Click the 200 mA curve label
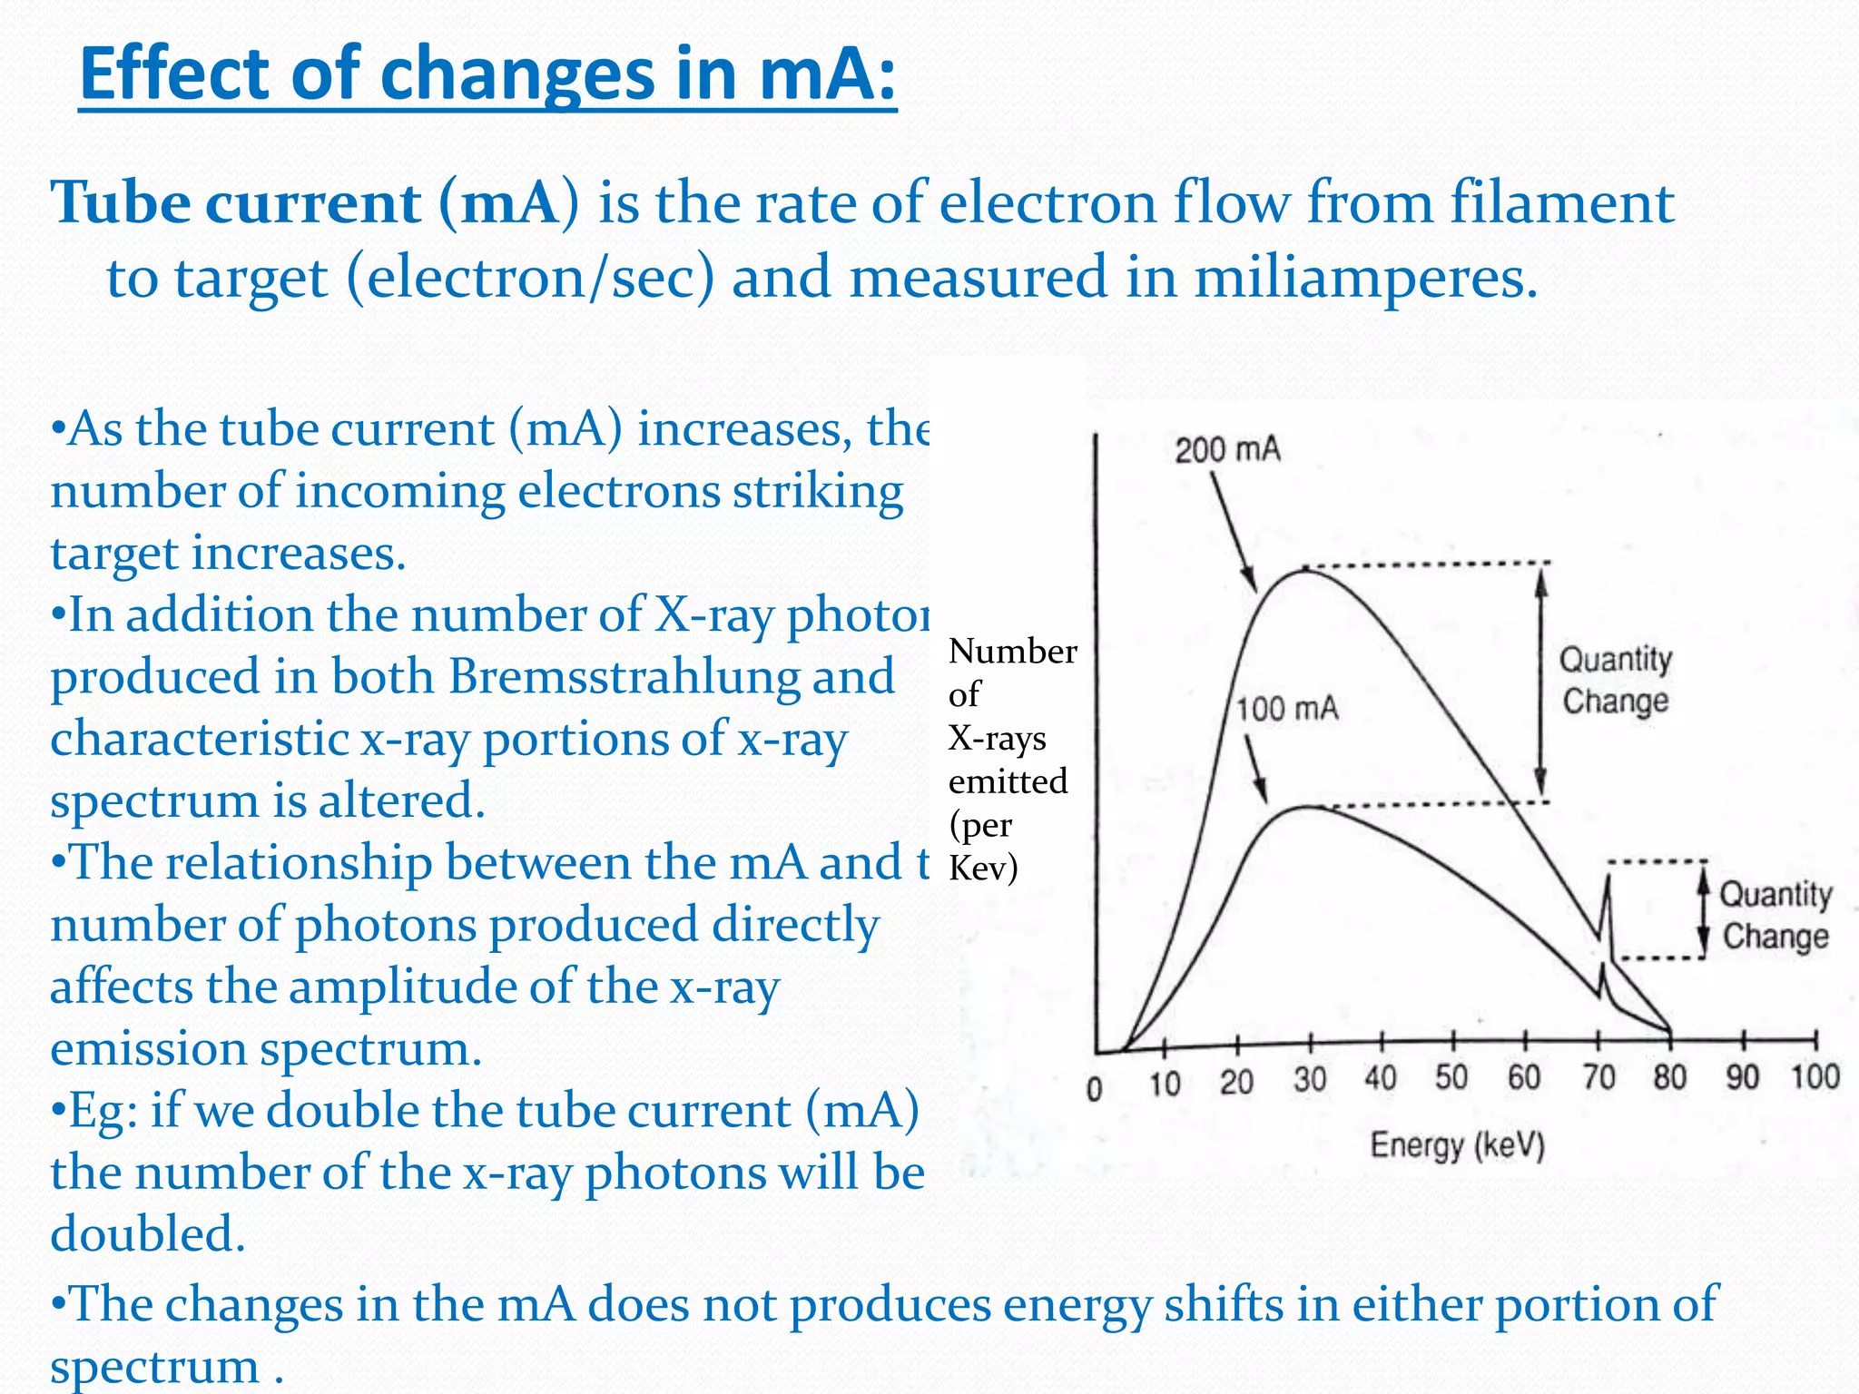(x=1226, y=450)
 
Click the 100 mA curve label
(x=1287, y=709)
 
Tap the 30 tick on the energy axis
(x=1310, y=1079)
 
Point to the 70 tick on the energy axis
(x=1598, y=1077)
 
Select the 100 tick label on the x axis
(x=1815, y=1076)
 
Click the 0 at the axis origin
(x=1095, y=1088)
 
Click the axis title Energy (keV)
(x=1457, y=1145)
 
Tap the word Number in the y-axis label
(x=1012, y=652)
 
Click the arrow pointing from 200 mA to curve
(x=1234, y=532)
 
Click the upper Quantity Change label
(x=1616, y=680)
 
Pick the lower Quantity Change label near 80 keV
(x=1775, y=915)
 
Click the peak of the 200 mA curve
(x=1303, y=569)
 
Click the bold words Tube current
(x=235, y=202)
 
